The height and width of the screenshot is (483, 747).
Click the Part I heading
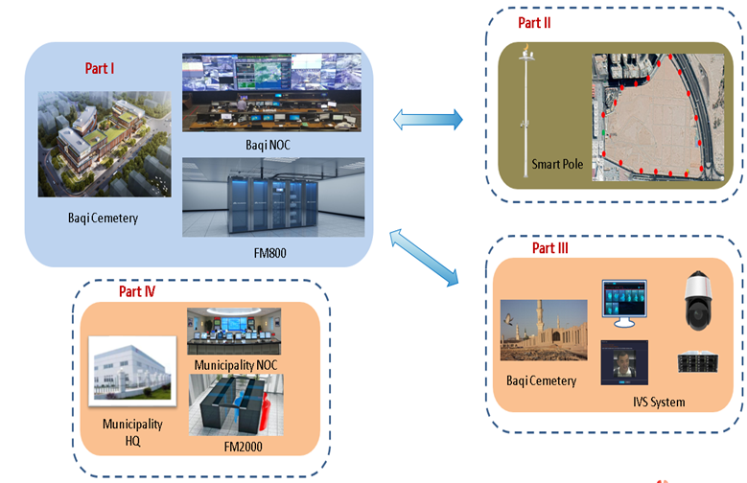click(x=100, y=69)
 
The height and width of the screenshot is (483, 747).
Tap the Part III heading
click(x=550, y=248)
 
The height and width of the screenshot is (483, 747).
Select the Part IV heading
click(x=137, y=290)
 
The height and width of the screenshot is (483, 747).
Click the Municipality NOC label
click(x=234, y=366)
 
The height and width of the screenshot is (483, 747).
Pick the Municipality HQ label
click(x=133, y=431)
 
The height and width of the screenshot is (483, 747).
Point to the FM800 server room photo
click(x=273, y=196)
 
